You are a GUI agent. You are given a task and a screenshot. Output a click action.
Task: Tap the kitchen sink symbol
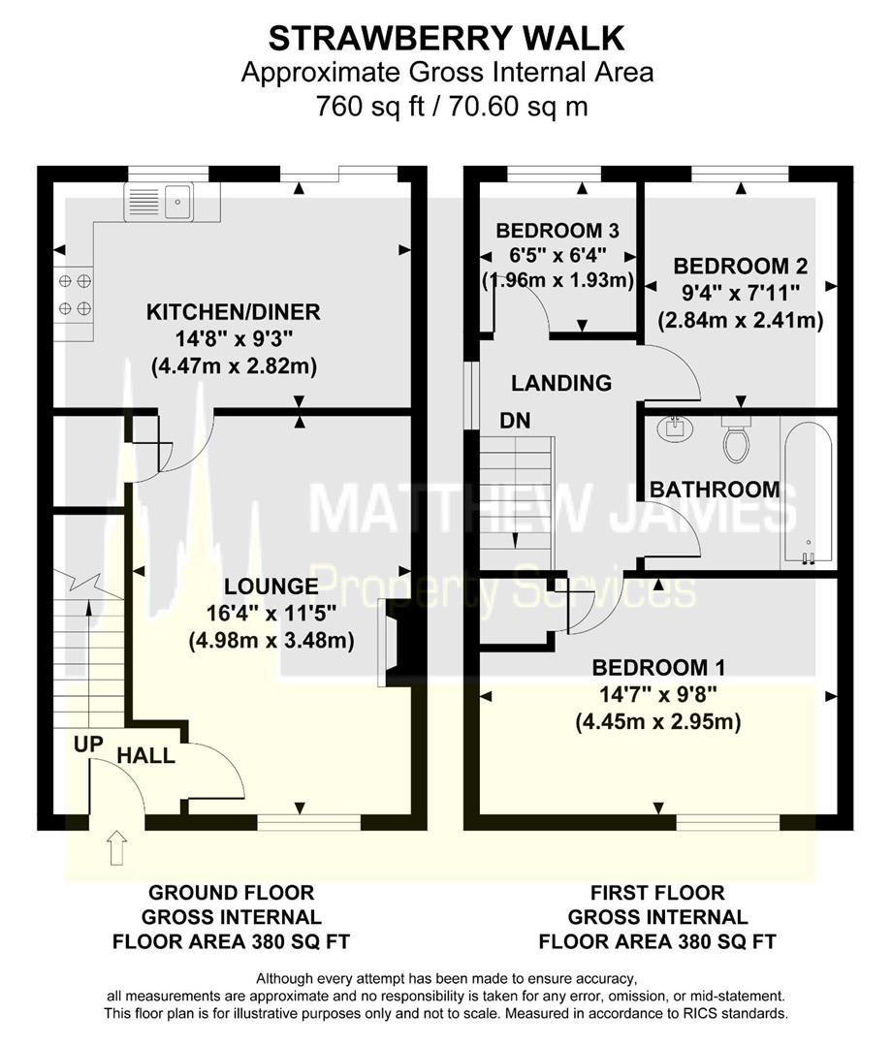coord(161,202)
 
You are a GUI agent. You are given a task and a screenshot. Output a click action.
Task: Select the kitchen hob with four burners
coord(74,295)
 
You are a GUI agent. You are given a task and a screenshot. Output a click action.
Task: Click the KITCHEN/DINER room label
coord(233,312)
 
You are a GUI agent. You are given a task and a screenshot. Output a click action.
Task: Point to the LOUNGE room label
coord(271,587)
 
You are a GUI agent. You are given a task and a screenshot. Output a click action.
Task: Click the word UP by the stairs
coord(89,745)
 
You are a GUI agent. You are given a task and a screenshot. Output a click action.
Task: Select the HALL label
coord(146,755)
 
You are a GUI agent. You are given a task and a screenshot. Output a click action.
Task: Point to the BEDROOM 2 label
coord(741,266)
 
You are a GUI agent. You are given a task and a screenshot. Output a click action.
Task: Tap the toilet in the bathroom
coord(737,441)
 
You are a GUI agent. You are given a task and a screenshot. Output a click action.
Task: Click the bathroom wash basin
coord(670,428)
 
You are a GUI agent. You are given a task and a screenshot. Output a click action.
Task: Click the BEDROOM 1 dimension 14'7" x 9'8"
coord(657,695)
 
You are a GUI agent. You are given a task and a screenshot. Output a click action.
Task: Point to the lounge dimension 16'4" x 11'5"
coord(271,614)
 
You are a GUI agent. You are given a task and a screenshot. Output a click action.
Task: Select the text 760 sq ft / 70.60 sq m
coord(447,105)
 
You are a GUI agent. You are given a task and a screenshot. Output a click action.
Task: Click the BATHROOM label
coord(715,490)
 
